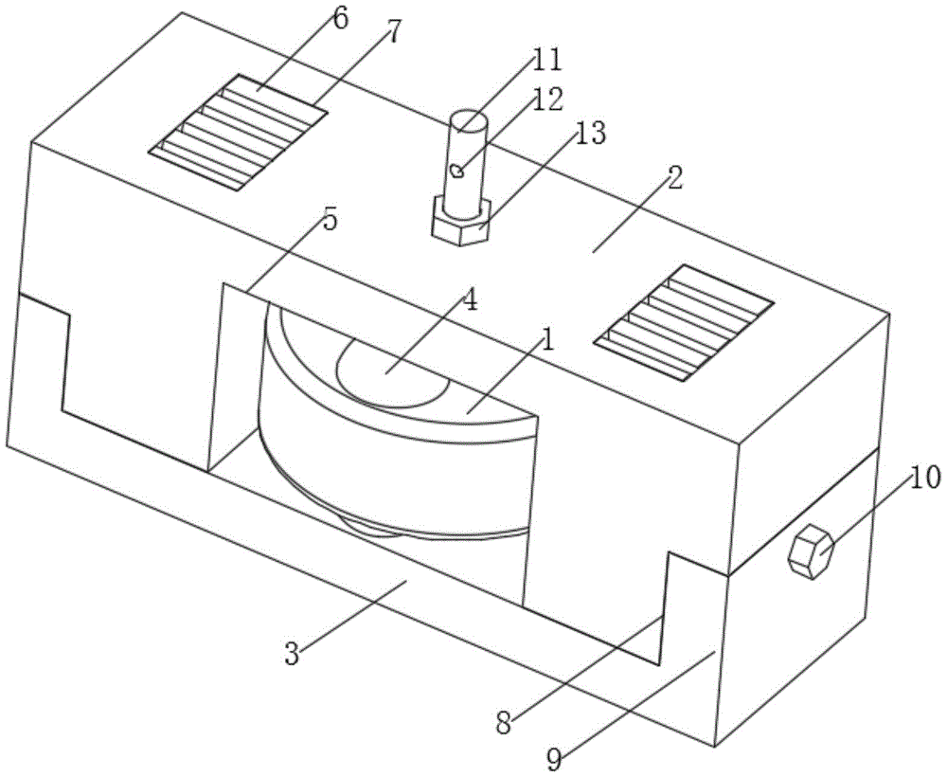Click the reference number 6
coord(340,19)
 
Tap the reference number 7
coord(393,32)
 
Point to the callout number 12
coord(547,99)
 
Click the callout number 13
coord(590,135)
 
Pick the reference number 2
coord(674,178)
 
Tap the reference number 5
coord(330,221)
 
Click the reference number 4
coord(470,300)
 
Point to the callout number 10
coord(924,478)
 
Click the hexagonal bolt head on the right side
coord(812,552)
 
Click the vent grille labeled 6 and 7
coord(238,133)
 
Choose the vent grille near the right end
coord(684,322)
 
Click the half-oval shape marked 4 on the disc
coord(393,372)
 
